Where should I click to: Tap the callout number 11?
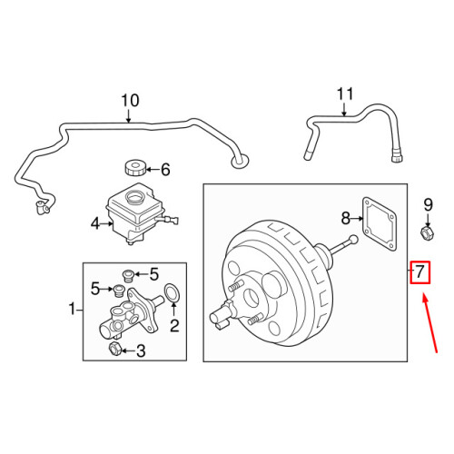click(343, 94)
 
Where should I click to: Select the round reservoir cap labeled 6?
click(135, 168)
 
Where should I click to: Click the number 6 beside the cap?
click(164, 169)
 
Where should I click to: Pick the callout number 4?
click(94, 222)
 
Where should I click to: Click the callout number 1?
click(72, 311)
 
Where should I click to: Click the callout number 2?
click(174, 323)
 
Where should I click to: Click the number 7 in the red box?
click(419, 271)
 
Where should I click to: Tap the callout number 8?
click(345, 218)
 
